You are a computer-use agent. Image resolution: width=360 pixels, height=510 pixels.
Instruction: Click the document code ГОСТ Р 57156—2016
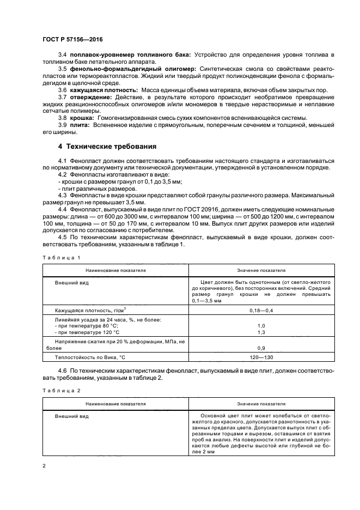click(72, 39)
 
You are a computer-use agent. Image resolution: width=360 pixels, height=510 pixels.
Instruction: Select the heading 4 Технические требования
click(107, 147)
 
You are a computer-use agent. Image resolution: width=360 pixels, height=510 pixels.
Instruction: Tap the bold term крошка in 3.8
click(81, 118)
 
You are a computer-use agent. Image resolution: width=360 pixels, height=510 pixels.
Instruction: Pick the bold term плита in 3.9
click(79, 126)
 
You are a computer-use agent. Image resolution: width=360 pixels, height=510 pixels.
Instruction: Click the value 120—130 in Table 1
click(261, 357)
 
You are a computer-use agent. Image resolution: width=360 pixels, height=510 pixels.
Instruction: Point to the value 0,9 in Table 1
click(261, 348)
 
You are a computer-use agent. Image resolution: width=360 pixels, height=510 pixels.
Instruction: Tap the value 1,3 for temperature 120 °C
click(261, 332)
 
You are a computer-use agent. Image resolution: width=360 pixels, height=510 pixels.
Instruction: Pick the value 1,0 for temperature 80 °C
click(261, 325)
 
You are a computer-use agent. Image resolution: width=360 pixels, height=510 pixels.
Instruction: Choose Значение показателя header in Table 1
click(261, 270)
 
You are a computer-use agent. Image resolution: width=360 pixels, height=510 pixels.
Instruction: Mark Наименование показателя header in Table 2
click(115, 404)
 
